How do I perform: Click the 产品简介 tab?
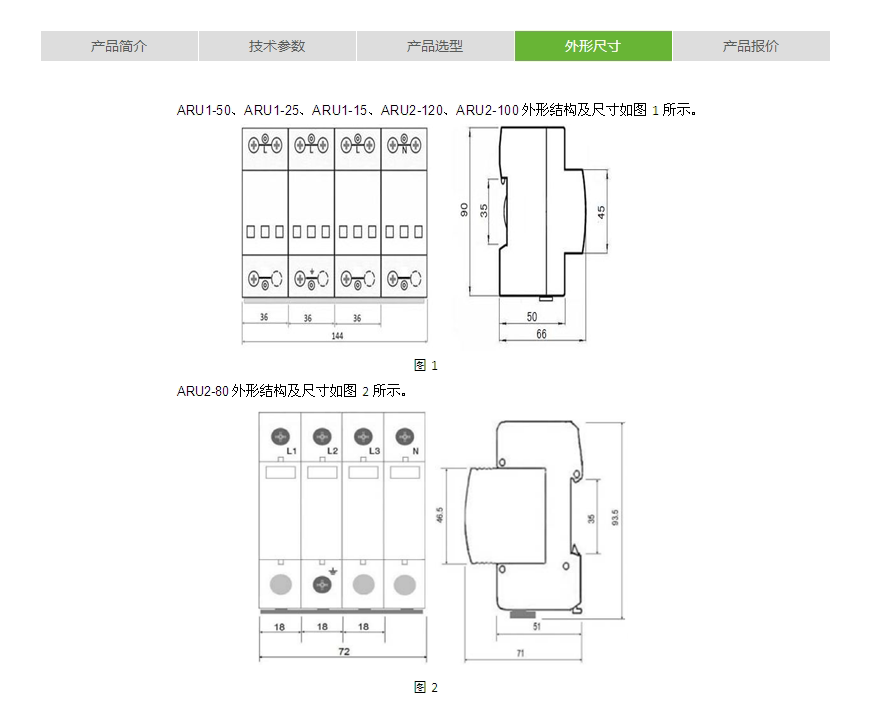[x=119, y=46]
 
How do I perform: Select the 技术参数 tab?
[x=277, y=46]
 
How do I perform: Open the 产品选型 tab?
[x=435, y=46]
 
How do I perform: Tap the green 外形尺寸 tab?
[x=593, y=46]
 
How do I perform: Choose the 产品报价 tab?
[x=751, y=46]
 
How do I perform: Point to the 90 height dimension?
[x=464, y=210]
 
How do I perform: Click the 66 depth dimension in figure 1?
[x=541, y=334]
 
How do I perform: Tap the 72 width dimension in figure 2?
[x=342, y=652]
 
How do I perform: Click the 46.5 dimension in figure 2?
[x=442, y=516]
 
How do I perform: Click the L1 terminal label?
[x=291, y=452]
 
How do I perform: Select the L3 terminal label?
[x=374, y=452]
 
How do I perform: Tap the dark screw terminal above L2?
[x=322, y=436]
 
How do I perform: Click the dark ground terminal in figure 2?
[x=322, y=585]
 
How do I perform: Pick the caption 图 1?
[x=426, y=365]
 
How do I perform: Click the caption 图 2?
[x=426, y=687]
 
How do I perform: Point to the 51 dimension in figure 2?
[x=538, y=627]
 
